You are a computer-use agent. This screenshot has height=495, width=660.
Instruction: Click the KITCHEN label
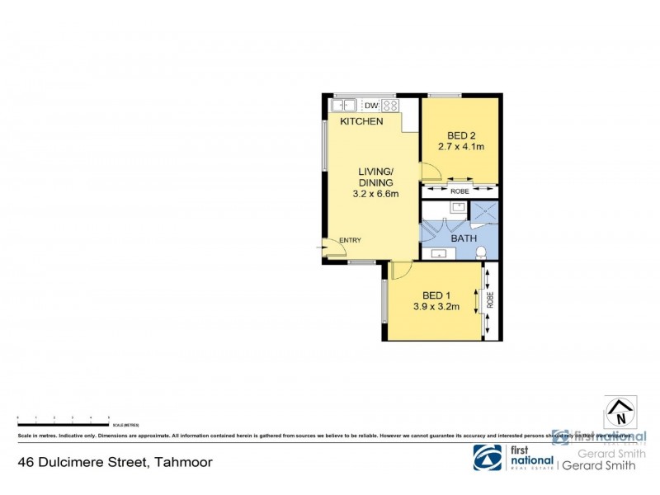point(361,121)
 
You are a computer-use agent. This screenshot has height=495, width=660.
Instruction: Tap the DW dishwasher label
point(370,106)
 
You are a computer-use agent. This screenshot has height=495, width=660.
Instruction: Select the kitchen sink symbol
point(343,105)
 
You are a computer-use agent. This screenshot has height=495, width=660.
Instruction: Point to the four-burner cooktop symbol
point(389,106)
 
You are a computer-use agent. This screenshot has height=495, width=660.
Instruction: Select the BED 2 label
point(461,135)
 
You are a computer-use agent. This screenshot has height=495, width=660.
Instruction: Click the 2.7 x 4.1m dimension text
point(460,147)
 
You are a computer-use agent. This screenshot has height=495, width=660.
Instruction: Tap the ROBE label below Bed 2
point(460,191)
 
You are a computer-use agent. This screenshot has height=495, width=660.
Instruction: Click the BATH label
point(463,238)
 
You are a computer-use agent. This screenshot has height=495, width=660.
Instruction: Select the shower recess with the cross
point(484,212)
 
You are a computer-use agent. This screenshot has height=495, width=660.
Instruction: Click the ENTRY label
point(350,240)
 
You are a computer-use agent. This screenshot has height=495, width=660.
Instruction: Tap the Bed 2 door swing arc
point(430,172)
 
